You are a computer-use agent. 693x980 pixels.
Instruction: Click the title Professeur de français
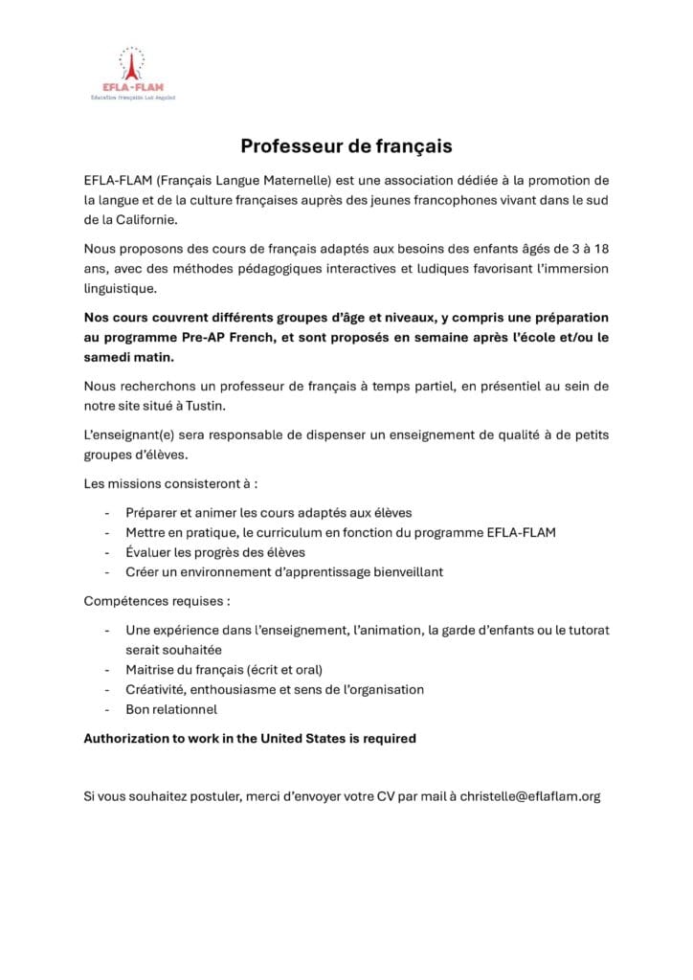point(346,146)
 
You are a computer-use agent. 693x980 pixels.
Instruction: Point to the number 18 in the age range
point(599,249)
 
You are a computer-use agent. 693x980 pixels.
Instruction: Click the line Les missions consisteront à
point(170,483)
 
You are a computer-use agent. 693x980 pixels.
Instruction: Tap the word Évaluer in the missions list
point(150,552)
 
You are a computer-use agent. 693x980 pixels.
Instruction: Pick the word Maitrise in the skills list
point(151,670)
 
